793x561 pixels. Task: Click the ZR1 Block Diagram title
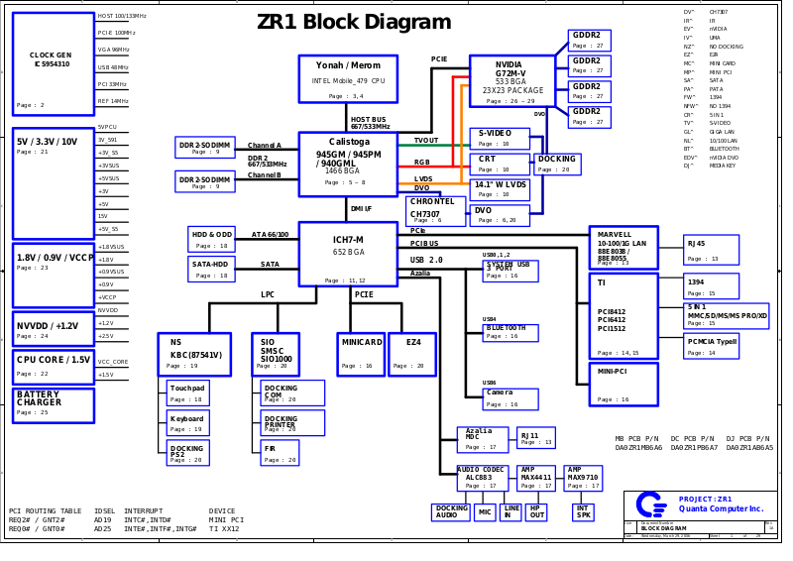pyautogui.click(x=354, y=23)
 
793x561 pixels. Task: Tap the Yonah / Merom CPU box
pyautogui.click(x=347, y=78)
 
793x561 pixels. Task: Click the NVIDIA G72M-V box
pyautogui.click(x=511, y=80)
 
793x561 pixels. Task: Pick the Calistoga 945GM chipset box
pyautogui.click(x=347, y=164)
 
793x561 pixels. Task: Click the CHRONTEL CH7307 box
pyautogui.click(x=435, y=210)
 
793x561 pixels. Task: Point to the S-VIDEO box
pyautogui.click(x=499, y=138)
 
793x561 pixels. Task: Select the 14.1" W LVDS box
pyautogui.click(x=499, y=189)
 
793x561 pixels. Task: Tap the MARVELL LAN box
pyautogui.click(x=623, y=247)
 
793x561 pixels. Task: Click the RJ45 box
pyautogui.click(x=710, y=249)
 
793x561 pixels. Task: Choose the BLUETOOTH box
pyautogui.click(x=510, y=332)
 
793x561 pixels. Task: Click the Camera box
pyautogui.click(x=510, y=398)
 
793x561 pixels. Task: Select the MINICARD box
pyautogui.click(x=361, y=354)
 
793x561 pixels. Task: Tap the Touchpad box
pyautogui.click(x=187, y=393)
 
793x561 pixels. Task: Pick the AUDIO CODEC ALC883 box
pyautogui.click(x=482, y=478)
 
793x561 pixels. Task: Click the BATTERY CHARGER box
pyautogui.click(x=53, y=404)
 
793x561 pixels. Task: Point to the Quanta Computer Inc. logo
pyautogui.click(x=650, y=505)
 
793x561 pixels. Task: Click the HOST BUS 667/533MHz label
pyautogui.click(x=370, y=123)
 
